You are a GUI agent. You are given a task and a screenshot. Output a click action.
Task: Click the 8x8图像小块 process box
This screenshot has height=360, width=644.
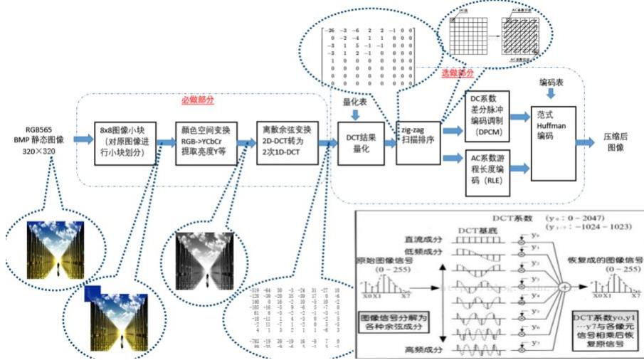(125, 142)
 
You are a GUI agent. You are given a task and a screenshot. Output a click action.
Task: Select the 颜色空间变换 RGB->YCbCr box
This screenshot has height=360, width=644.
(206, 142)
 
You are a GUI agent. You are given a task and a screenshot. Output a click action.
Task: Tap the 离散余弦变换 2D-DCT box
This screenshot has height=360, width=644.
(286, 142)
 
